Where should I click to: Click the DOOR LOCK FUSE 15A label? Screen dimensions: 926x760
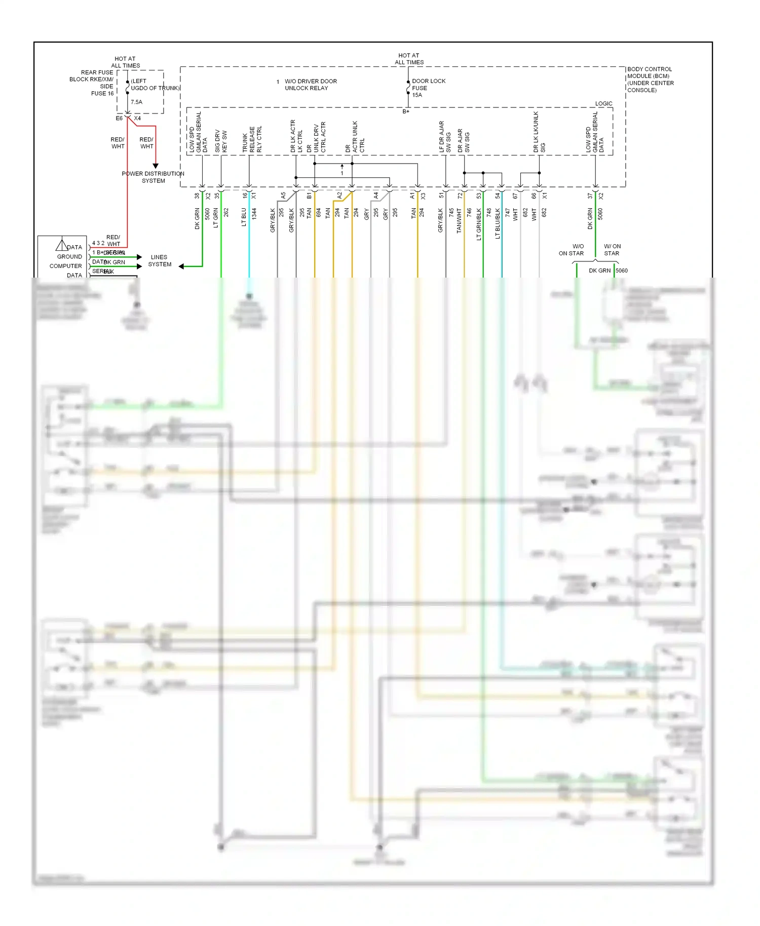point(428,88)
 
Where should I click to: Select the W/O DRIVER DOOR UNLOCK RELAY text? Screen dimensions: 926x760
point(310,85)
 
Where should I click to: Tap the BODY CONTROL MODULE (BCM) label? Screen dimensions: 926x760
point(650,80)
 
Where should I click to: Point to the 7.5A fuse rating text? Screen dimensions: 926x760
point(137,102)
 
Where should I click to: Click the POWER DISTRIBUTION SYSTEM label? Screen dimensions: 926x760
point(153,177)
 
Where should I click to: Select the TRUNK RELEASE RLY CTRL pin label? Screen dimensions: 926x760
point(252,139)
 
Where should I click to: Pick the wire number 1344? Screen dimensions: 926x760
point(254,213)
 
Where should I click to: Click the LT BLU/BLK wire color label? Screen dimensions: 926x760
point(498,223)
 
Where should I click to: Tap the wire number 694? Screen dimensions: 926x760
point(319,213)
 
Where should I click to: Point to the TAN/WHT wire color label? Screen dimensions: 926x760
point(459,220)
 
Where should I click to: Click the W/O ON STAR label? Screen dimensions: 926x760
point(572,250)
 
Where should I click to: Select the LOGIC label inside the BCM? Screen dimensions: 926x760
point(603,103)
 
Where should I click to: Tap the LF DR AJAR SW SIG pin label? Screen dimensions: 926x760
point(445,137)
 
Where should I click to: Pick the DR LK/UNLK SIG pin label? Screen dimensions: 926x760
point(539,132)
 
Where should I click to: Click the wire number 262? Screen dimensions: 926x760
point(226,212)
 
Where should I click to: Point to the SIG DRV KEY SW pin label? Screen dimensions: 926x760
point(221,141)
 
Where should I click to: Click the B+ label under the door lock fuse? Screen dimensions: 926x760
point(406,111)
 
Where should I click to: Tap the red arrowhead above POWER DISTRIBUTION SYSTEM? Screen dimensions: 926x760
point(156,166)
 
